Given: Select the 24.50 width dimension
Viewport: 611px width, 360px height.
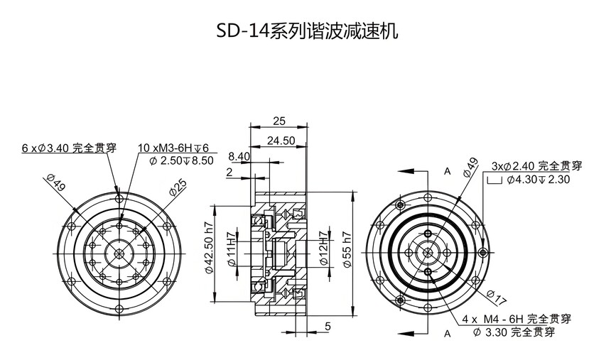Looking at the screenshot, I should point(281,141).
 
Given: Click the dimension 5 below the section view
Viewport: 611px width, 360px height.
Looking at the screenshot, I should point(328,326).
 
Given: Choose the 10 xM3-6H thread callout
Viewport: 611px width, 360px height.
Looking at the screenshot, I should point(173,148).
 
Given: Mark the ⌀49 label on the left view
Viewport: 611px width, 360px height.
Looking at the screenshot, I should point(55,182).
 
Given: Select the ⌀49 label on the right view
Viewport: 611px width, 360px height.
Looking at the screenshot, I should point(470,168).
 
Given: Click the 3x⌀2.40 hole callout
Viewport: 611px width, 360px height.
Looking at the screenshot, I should point(537,167).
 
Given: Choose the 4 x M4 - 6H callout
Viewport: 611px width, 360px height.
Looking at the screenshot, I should point(517,319).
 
